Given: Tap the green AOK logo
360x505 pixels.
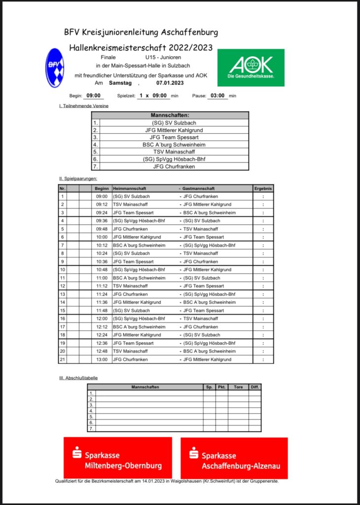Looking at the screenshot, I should click(251, 68).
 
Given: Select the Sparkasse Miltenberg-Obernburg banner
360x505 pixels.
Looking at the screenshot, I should click(118, 457).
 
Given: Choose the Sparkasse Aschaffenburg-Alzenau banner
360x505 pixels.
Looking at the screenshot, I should click(234, 458).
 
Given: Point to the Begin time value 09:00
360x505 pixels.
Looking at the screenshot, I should click(93, 96).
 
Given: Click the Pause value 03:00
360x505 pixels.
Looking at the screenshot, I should click(217, 96).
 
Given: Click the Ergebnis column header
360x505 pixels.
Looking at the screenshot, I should click(263, 188).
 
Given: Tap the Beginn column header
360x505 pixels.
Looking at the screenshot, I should click(102, 188).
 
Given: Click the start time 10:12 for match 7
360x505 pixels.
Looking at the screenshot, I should click(102, 245).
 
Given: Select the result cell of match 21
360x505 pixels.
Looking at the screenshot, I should click(263, 360).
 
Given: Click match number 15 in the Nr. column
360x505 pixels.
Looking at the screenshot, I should click(63, 311).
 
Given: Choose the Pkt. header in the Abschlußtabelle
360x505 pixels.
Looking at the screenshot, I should click(221, 387).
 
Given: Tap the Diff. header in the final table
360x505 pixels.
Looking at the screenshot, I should click(254, 387).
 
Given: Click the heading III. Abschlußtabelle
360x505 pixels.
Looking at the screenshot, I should click(78, 378).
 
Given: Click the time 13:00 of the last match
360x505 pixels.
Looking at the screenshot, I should click(102, 360).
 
